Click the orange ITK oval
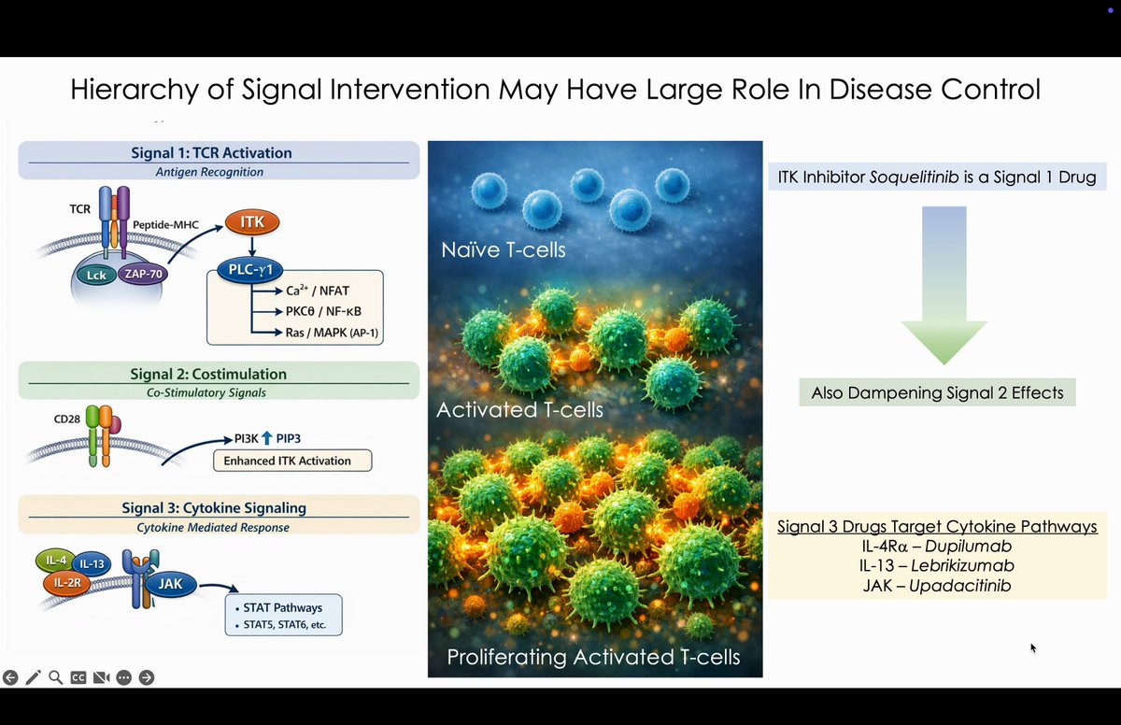coord(252,222)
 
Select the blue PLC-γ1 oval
coord(250,270)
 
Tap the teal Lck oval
coord(96,276)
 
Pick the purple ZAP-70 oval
coord(143,274)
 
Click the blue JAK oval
coord(171,584)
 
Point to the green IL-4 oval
coord(55,561)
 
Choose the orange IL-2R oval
coord(67,583)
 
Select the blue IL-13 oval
coord(92,564)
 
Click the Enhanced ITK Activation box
coord(292,461)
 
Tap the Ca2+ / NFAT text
coord(318,291)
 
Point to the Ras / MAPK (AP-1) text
coord(332,333)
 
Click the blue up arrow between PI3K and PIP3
coord(267,438)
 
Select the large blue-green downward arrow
coord(944,285)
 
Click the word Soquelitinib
coord(915,178)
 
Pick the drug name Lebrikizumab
coord(962,565)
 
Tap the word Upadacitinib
coord(960,586)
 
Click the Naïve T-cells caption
coord(503,249)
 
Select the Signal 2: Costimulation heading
coord(208,374)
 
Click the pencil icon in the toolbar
coord(33,677)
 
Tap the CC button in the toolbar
coord(78,677)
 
